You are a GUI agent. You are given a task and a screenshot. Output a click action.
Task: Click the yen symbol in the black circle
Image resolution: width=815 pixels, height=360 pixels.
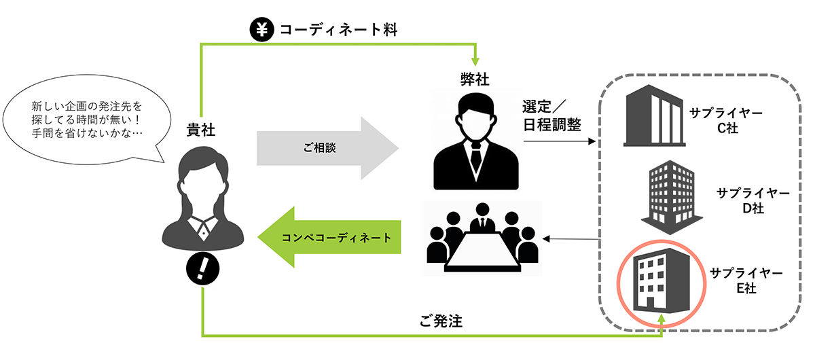pos(261,29)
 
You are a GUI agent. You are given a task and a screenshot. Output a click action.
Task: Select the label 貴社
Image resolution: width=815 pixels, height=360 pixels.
pos(201,130)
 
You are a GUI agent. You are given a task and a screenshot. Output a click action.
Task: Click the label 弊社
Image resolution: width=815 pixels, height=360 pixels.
pos(475,79)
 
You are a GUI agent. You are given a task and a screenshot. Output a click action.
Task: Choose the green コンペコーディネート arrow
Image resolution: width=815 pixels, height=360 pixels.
pos(329,238)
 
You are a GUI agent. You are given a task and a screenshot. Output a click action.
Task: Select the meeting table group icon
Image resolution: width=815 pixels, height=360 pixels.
pos(482,237)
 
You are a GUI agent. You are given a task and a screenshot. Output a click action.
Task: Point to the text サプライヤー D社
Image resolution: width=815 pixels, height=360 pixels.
pos(753,200)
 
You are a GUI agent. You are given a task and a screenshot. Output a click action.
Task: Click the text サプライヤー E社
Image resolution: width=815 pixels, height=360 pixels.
pos(746,281)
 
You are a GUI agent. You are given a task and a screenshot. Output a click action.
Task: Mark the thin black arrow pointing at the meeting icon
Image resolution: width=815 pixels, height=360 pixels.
pos(570,238)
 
